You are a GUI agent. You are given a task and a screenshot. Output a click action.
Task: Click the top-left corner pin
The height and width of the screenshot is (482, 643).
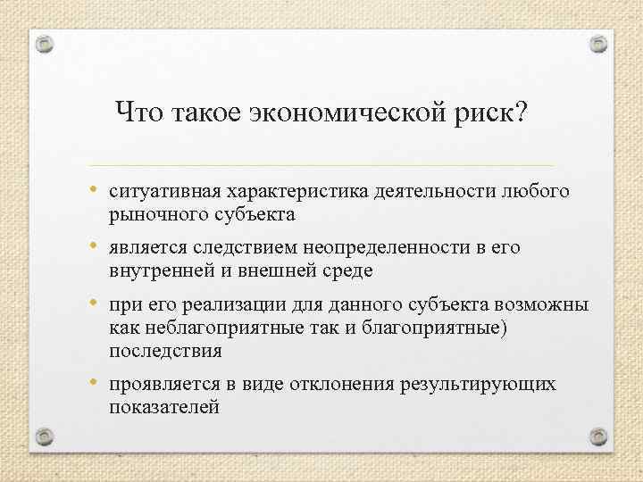[x=46, y=44]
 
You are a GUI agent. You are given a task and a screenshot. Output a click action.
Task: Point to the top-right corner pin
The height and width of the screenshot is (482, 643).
[x=597, y=44]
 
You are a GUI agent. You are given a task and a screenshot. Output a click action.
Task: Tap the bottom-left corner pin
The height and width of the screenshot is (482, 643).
[x=46, y=436]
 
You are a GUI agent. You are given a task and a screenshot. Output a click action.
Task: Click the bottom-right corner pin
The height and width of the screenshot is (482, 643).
[x=597, y=436]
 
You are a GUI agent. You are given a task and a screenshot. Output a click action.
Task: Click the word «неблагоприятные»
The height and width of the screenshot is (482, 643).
[x=213, y=328]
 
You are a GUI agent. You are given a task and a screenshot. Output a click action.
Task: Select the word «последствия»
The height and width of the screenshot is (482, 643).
[x=164, y=351]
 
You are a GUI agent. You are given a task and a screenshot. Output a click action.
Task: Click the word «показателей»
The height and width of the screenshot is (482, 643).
[x=163, y=407]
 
